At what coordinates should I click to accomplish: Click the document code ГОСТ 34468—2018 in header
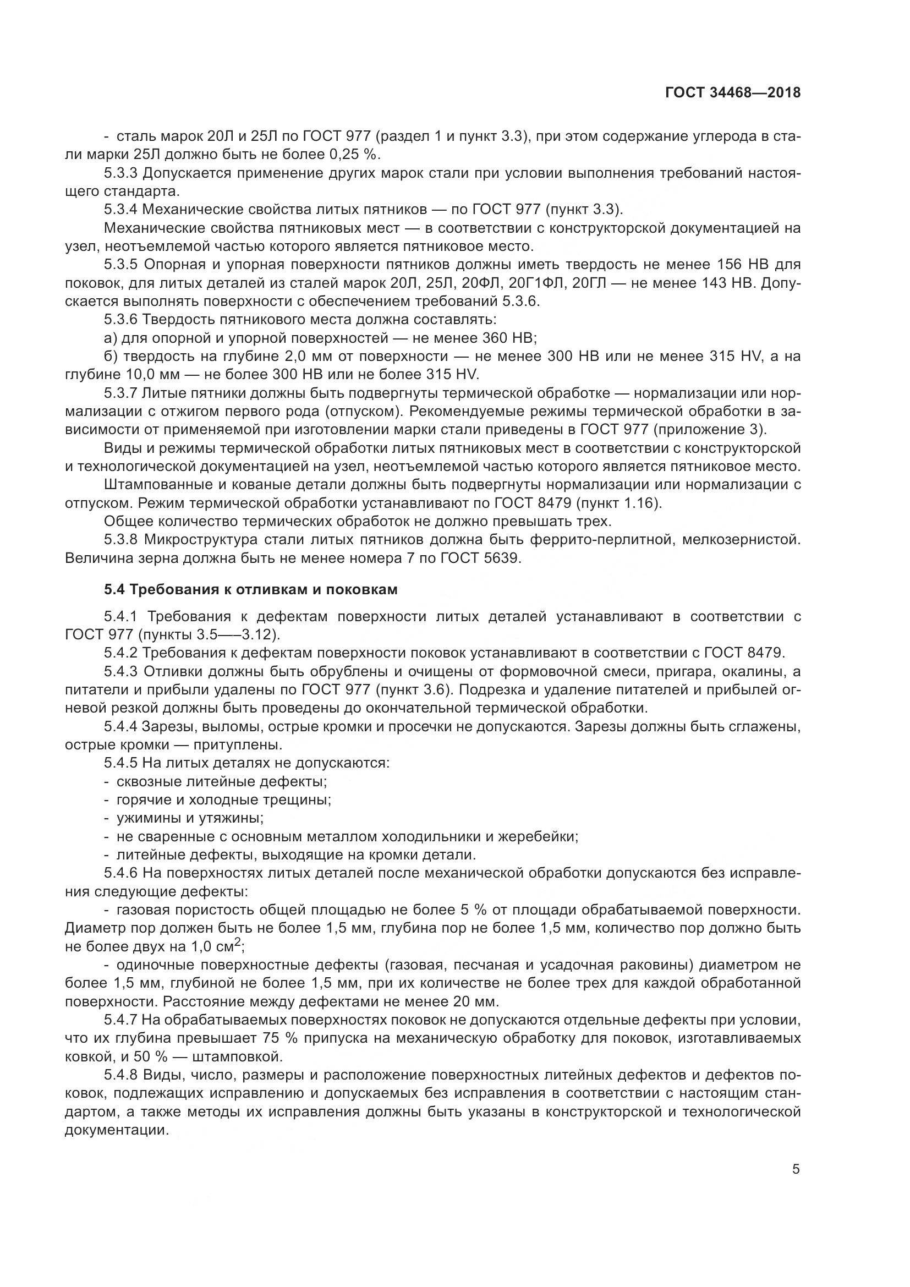pyautogui.click(x=733, y=93)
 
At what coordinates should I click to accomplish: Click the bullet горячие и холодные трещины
pyautogui.click(x=223, y=800)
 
